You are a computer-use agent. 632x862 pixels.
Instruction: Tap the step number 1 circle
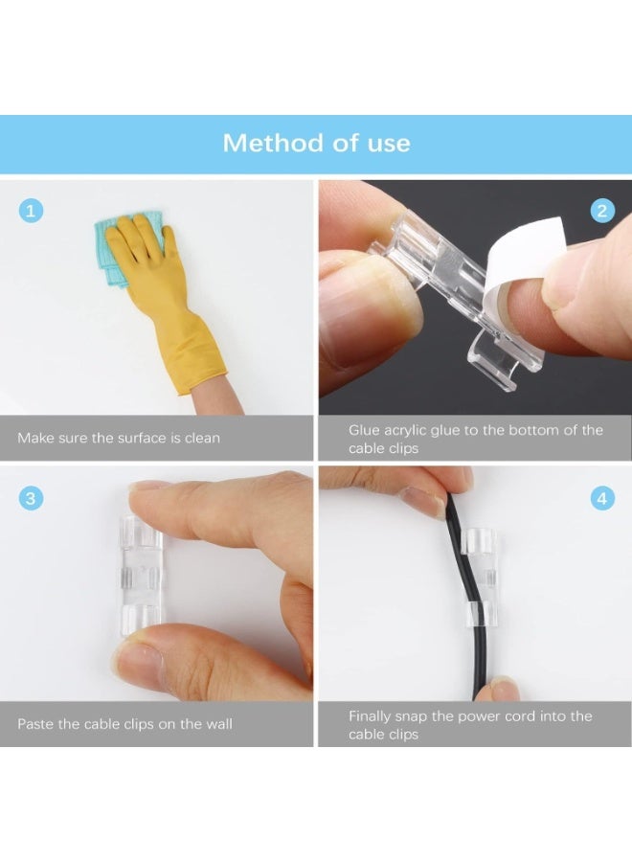pos(31,211)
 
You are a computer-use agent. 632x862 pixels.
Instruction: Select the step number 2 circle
pos(602,211)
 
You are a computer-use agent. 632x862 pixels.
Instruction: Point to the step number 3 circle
pos(31,498)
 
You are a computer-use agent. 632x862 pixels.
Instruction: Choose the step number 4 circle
pos(602,498)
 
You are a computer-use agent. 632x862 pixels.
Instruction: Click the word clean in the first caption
pos(200,439)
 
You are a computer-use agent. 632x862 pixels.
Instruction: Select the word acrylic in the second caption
pos(418,430)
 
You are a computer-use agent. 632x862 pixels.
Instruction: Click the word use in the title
pos(389,144)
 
